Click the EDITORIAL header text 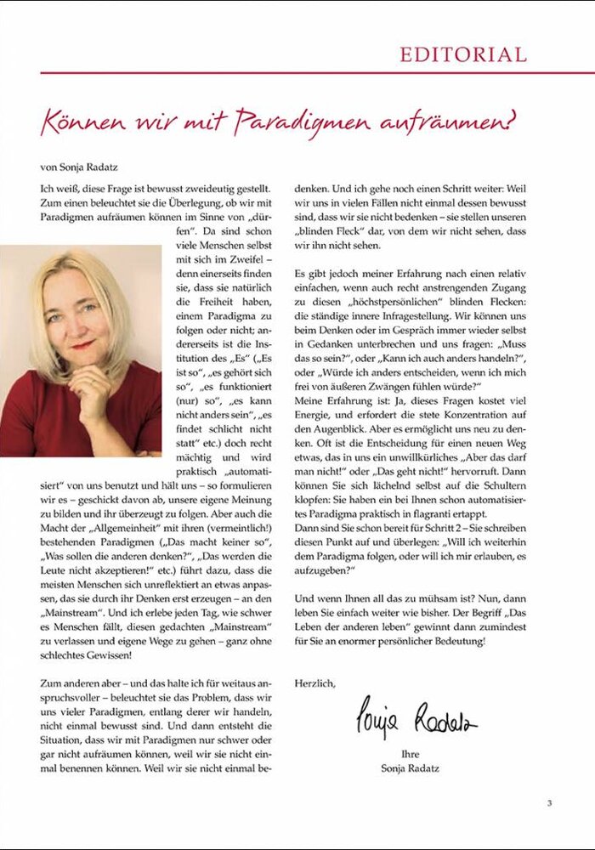point(463,55)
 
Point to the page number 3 point(549,802)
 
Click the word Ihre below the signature point(410,753)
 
